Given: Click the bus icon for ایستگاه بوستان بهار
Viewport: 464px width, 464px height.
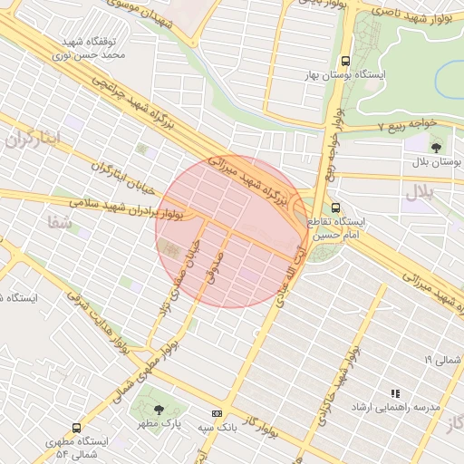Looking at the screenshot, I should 344,62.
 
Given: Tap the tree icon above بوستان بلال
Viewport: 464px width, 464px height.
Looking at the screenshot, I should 436,145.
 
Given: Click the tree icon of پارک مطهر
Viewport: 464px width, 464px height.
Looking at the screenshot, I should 159,409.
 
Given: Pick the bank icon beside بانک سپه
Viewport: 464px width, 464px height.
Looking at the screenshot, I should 217,413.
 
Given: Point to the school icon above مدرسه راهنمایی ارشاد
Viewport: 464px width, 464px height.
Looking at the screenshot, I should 395,393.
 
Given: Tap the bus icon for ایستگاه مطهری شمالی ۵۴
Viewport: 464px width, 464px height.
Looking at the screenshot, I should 75,428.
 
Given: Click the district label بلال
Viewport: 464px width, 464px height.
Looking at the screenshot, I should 420,191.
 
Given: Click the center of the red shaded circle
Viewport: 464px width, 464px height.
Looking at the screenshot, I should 231,231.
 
